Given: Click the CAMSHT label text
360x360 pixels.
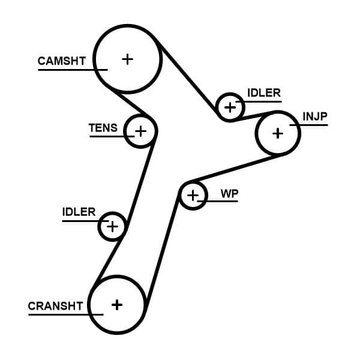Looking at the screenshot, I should (x=62, y=61).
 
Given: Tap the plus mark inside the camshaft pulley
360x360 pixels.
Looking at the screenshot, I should (x=127, y=59).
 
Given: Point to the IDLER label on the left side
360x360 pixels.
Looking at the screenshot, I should (x=79, y=212).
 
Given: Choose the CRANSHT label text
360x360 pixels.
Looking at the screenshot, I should (x=55, y=306).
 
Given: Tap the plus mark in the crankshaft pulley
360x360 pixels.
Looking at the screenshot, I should (x=117, y=304).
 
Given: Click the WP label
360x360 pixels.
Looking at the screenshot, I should (x=229, y=193).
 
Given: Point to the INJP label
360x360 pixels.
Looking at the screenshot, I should (x=315, y=116).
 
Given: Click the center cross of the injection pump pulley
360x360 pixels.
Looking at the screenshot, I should (x=277, y=133).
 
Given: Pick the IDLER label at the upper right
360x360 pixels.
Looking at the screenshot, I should (x=263, y=93).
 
